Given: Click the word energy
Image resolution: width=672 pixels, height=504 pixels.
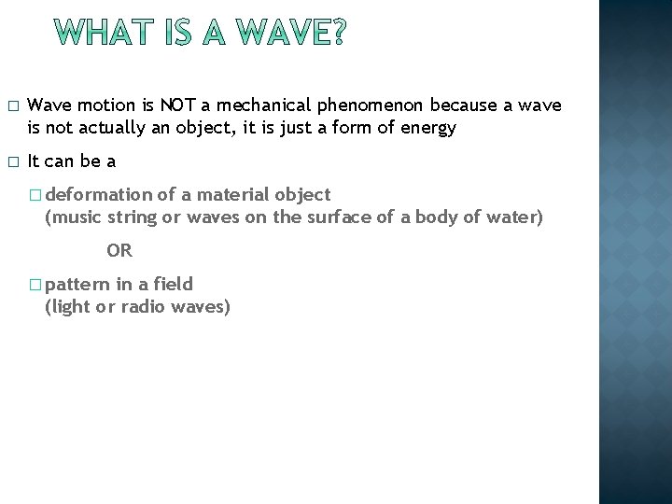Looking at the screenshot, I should click(428, 128).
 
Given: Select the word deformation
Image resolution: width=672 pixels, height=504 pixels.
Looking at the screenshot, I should click(98, 194).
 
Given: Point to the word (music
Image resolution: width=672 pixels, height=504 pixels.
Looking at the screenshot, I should click(73, 217).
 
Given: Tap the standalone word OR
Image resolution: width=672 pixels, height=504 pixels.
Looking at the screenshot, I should click(119, 250).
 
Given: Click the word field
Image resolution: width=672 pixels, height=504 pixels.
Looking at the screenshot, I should click(175, 284).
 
